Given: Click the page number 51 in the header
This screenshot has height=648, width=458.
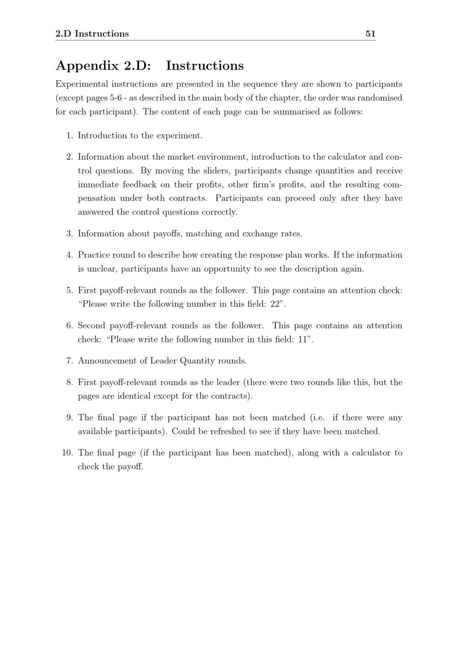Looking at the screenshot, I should (370, 33).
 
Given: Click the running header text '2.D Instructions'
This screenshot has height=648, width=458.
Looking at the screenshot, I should (92, 33).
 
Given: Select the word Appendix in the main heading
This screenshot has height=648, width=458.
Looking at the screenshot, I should (87, 66).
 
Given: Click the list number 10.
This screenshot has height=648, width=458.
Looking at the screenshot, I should (67, 453).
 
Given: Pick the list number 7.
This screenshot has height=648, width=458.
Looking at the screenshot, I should (69, 361).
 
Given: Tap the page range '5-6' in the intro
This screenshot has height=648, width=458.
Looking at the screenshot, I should (115, 98).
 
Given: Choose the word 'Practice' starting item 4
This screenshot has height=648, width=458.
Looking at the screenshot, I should (93, 255).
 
